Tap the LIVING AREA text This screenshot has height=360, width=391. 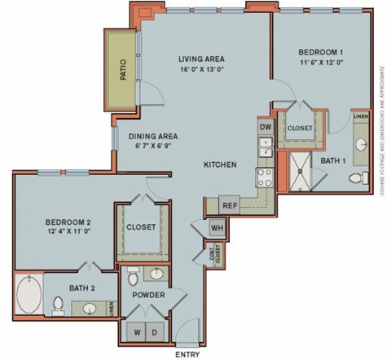pos(201,59)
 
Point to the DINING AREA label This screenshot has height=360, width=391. pos(153,136)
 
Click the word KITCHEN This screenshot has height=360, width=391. pos(220,165)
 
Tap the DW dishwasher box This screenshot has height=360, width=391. pos(265,127)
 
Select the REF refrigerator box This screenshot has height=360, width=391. pos(230,205)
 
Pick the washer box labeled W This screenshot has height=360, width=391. pos(137,331)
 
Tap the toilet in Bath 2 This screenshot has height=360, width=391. pos(58,305)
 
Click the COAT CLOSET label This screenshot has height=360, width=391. pos(217,254)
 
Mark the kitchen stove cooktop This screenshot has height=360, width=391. pos(265,178)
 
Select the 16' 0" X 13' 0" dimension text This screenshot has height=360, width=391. pos(201,71)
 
